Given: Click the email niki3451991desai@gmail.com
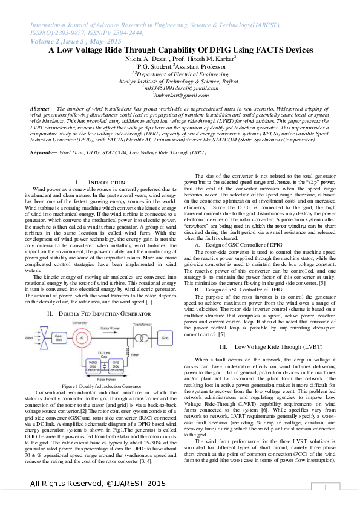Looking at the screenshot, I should click(x=180, y=87).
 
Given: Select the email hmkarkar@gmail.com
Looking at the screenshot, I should click(x=180, y=95).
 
